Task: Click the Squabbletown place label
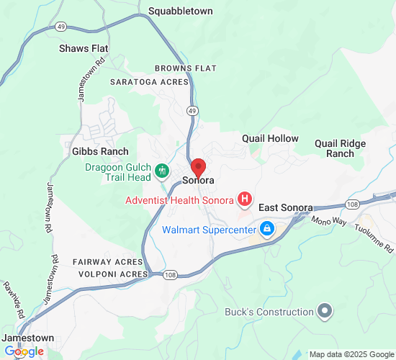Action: click(180, 12)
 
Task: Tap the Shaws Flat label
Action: click(84, 49)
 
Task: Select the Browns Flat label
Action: click(185, 68)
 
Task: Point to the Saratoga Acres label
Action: click(148, 82)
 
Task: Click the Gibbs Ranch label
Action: click(100, 151)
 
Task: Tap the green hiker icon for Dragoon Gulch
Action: click(163, 171)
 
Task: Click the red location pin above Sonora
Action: click(199, 166)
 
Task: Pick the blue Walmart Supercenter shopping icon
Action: click(267, 230)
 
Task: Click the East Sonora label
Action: click(285, 207)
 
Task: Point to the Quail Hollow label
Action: click(270, 138)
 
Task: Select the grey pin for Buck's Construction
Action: click(325, 312)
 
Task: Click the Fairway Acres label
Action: click(108, 261)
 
